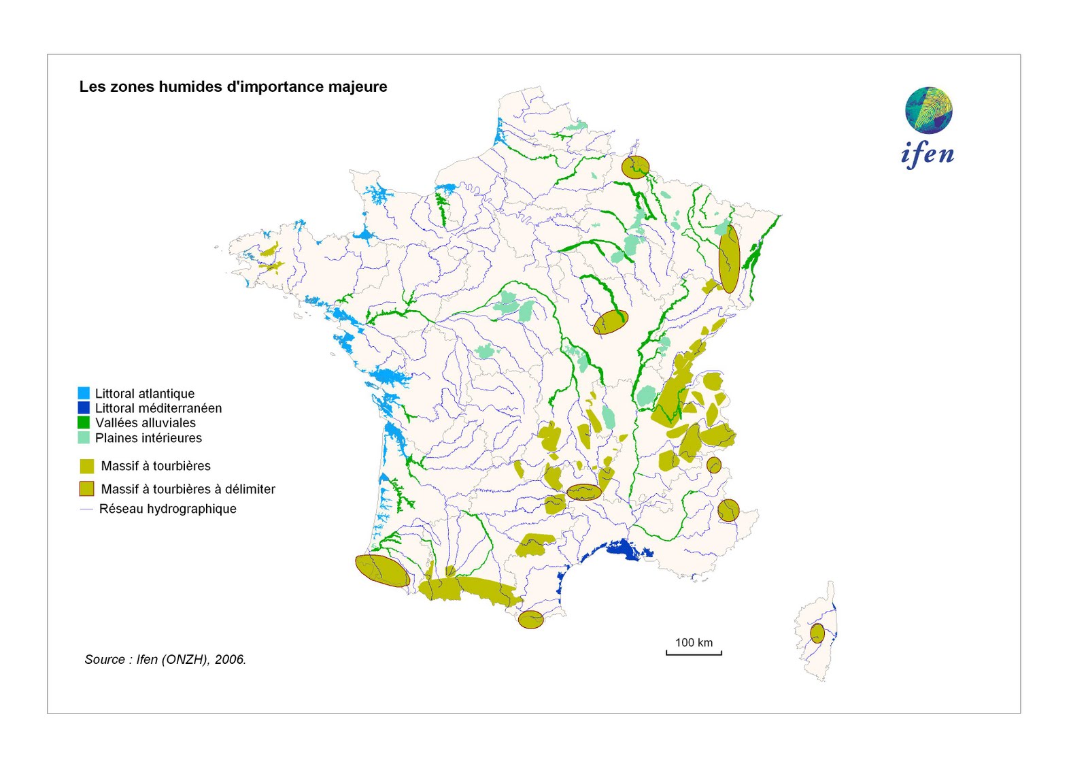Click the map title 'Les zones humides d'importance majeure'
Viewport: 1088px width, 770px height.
[233, 86]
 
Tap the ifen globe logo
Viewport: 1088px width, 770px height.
[928, 110]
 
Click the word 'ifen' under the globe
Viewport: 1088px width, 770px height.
[927, 154]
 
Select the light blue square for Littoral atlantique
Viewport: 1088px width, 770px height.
[84, 393]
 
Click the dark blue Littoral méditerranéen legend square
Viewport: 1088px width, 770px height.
[84, 408]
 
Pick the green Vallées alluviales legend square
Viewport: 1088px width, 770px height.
[84, 422]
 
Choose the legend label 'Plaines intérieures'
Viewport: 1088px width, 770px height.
[148, 438]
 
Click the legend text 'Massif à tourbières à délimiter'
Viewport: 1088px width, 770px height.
[188, 489]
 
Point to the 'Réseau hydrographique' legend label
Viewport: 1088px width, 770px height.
[167, 509]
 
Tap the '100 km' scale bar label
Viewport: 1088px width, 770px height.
[694, 642]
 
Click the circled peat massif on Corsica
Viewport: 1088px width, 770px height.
[817, 633]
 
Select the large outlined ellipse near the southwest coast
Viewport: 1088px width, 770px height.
[382, 571]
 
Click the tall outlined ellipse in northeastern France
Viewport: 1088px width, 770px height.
[729, 259]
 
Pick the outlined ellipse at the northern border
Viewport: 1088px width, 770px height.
[635, 167]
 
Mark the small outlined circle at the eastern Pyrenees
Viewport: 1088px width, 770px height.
[530, 619]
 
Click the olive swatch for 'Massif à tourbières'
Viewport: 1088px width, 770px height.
[86, 466]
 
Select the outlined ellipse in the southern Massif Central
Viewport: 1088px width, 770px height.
[583, 492]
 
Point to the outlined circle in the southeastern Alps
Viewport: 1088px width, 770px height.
[728, 510]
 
